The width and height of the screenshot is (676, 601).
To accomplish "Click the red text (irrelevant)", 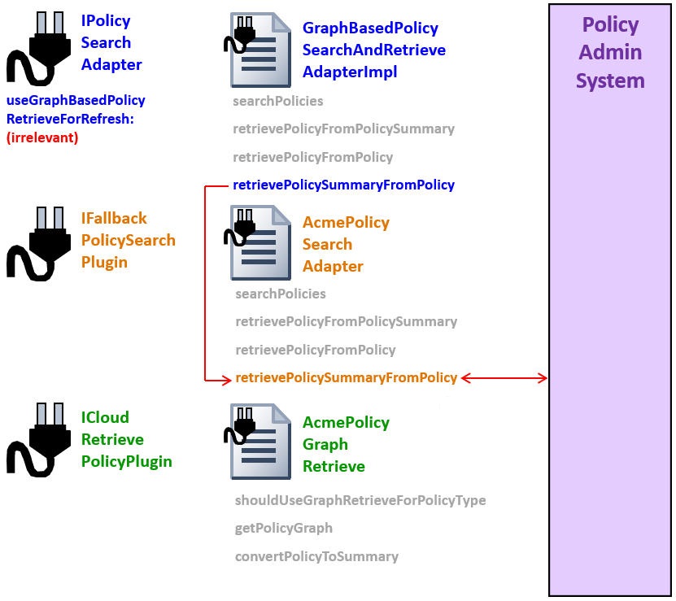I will (x=42, y=137).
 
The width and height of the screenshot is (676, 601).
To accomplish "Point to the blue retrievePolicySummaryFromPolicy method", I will (x=343, y=185).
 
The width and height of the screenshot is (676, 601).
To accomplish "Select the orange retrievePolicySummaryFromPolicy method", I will (x=346, y=377).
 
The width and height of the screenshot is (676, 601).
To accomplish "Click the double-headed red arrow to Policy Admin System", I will (x=504, y=377).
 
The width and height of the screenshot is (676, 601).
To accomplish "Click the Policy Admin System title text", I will (x=610, y=53).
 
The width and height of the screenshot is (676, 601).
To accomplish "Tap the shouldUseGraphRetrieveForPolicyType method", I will (x=360, y=500).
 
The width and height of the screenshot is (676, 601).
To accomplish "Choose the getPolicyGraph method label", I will (x=283, y=528).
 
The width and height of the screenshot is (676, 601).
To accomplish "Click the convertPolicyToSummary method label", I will (x=316, y=556).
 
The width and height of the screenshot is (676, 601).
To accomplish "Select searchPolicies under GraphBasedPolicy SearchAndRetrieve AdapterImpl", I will (x=277, y=101).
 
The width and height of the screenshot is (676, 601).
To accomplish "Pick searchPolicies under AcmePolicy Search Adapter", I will (x=280, y=294).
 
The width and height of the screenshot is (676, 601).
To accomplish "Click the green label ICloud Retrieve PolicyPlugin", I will (x=126, y=439).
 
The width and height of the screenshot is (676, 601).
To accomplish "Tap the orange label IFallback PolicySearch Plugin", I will (x=128, y=240).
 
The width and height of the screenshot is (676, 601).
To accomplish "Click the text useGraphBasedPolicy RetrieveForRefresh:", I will (x=75, y=110).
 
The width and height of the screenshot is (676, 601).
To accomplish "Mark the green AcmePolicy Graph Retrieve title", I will (x=346, y=444).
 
